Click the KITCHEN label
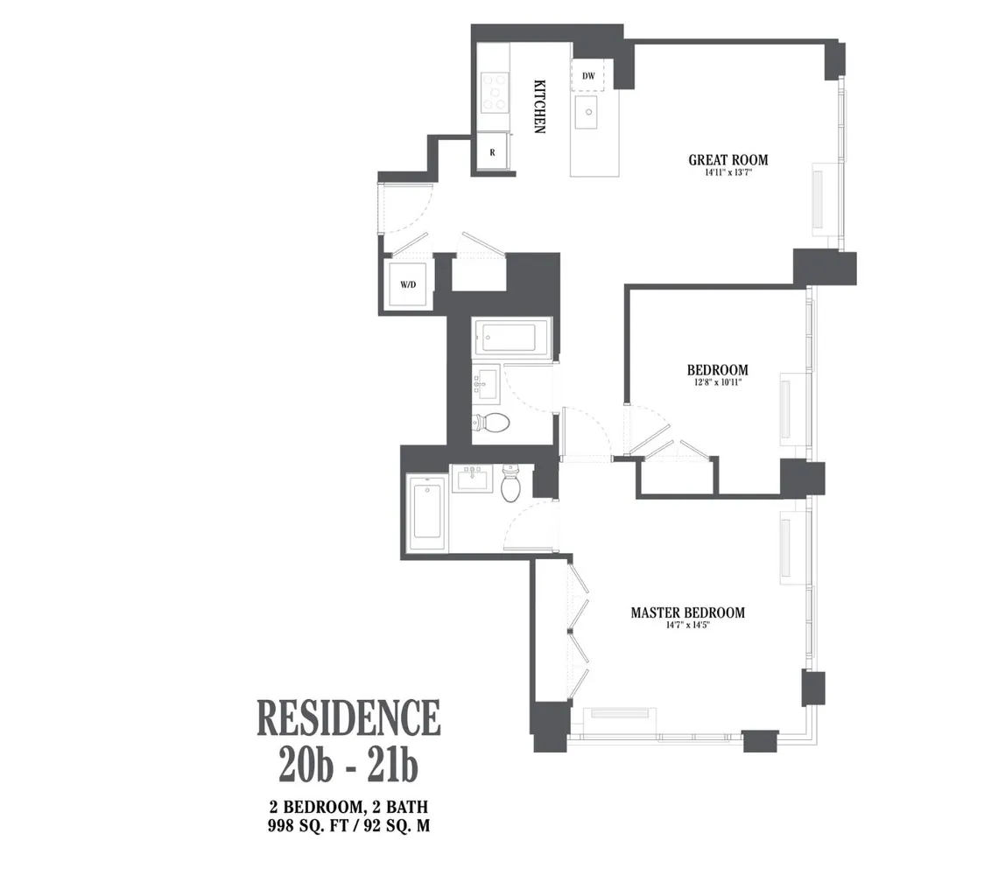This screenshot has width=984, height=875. [540, 106]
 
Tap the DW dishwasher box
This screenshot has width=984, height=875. [588, 76]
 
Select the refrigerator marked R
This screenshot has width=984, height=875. [492, 152]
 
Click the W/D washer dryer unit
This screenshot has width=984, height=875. [408, 284]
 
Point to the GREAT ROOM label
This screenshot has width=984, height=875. [727, 160]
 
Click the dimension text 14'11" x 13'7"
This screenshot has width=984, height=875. [727, 173]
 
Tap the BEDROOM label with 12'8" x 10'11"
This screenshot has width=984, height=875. [717, 370]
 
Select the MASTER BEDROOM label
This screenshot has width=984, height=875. [687, 612]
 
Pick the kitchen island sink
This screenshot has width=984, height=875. [586, 110]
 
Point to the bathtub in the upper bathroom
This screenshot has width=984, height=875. [510, 338]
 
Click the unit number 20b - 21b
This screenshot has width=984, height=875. [348, 766]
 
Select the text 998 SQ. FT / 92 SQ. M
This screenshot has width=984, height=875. [348, 823]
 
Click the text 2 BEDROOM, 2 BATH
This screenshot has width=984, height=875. [348, 806]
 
